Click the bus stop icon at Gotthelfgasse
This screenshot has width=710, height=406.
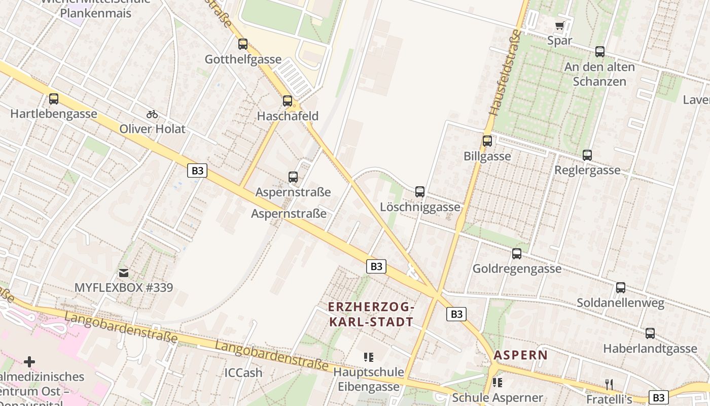(x=243, y=44)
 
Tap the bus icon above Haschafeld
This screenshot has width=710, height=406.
(x=288, y=101)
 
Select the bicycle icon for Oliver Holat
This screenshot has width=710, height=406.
(x=152, y=114)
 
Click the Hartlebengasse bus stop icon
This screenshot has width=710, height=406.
(x=54, y=99)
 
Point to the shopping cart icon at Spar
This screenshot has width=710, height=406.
(x=560, y=25)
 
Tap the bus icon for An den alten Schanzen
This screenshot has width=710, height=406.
(x=600, y=51)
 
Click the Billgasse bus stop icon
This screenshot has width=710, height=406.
(x=487, y=141)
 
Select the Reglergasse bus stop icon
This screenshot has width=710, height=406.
(x=587, y=155)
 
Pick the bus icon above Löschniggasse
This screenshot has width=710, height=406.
(x=420, y=192)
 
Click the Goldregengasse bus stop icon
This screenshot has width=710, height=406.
(x=517, y=254)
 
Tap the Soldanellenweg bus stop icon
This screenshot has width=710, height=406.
(x=621, y=288)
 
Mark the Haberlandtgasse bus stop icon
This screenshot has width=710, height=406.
(x=650, y=333)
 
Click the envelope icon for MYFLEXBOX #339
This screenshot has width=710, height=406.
(x=123, y=273)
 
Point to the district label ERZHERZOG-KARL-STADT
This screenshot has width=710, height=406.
(x=371, y=314)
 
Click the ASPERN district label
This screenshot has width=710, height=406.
(x=521, y=355)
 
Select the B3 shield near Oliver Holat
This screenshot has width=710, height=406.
(x=197, y=171)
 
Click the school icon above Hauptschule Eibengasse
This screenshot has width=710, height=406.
(x=369, y=357)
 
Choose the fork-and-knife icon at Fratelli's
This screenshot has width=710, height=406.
(x=609, y=384)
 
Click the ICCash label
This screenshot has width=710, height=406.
(x=243, y=373)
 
